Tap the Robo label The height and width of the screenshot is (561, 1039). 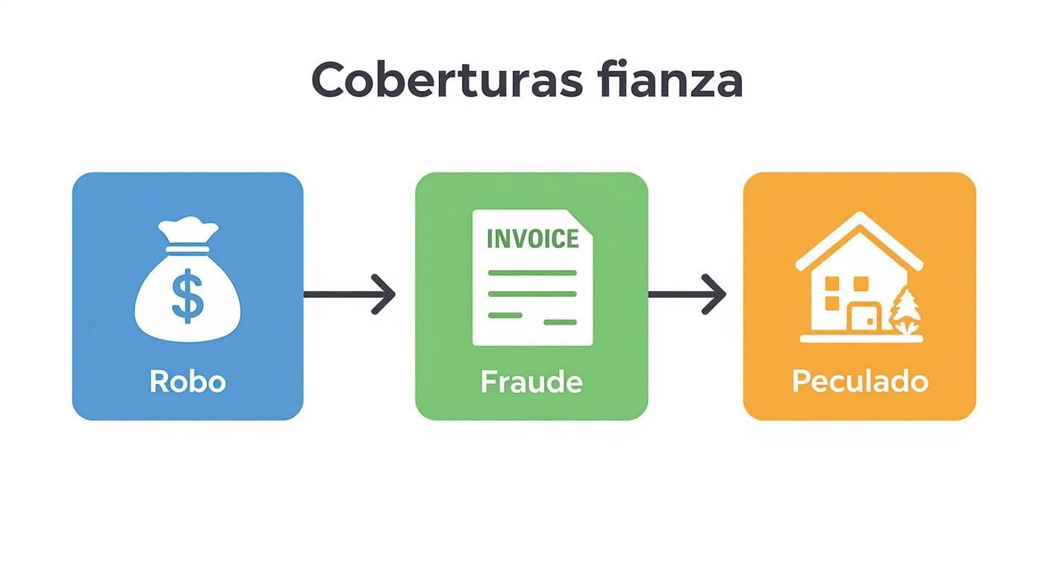click(187, 381)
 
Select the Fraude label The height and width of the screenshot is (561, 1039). click(531, 381)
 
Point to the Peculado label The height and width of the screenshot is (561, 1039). click(860, 381)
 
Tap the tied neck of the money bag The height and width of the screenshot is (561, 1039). click(187, 239)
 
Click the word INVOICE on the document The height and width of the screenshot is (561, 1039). click(531, 239)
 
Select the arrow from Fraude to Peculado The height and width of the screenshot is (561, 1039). click(687, 295)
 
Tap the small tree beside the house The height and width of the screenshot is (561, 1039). click(906, 310)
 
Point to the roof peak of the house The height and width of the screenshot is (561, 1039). click(859, 219)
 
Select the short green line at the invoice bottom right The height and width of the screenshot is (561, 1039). click(560, 322)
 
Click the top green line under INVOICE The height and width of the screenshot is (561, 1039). click(531, 273)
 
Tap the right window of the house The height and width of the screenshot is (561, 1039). click(861, 284)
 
